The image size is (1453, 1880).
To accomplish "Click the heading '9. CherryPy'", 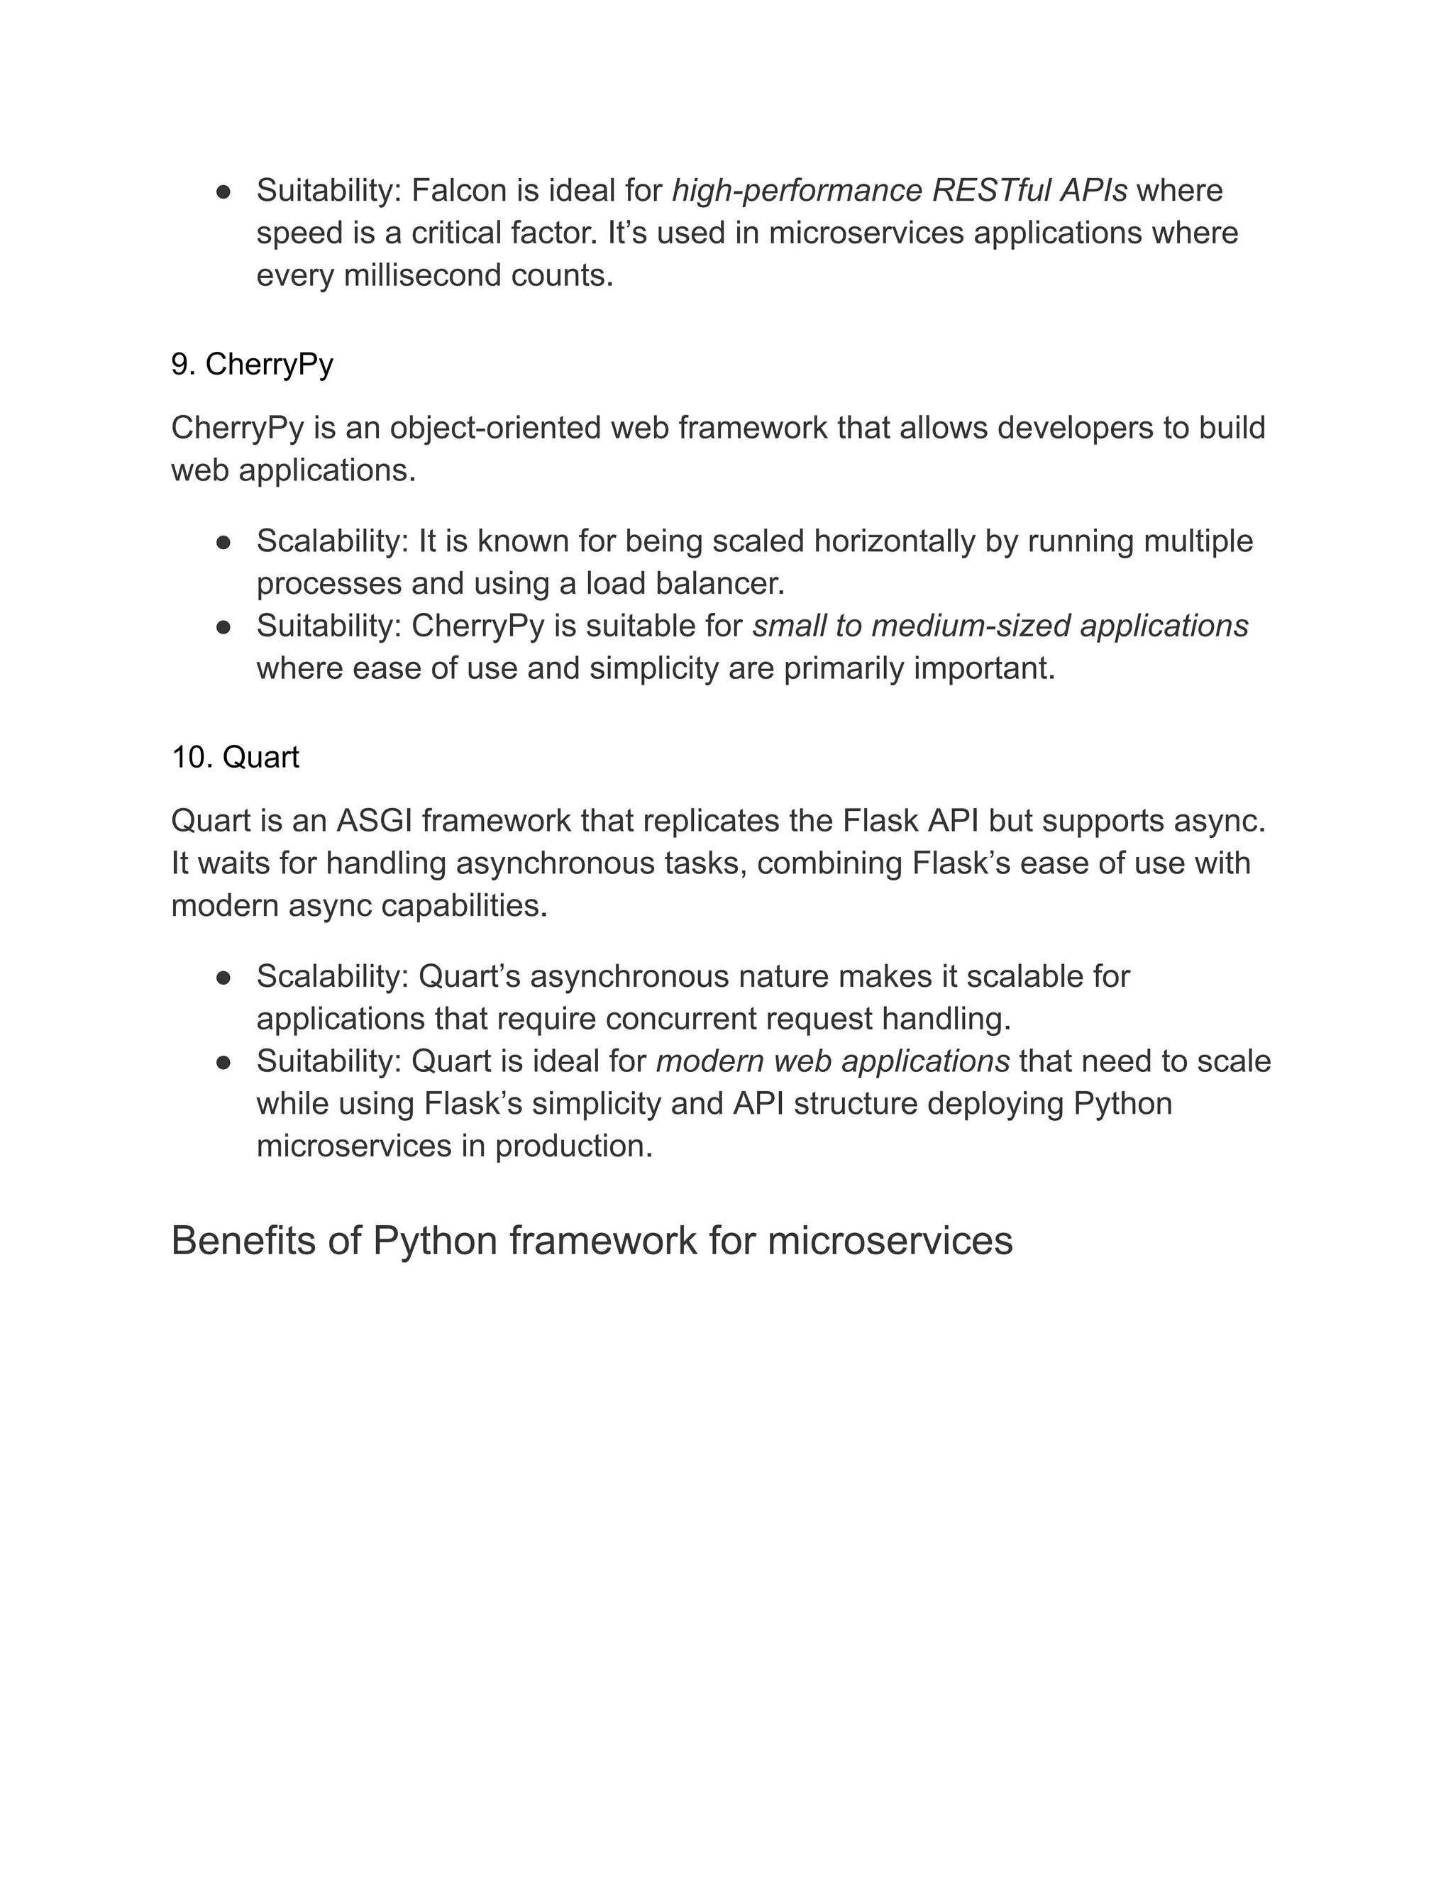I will click(251, 365).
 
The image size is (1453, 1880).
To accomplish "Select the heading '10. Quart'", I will click(235, 758).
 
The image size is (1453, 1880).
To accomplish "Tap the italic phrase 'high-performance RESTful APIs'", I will click(899, 191).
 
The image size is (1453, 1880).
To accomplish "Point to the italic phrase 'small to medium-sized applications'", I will click(1000, 626).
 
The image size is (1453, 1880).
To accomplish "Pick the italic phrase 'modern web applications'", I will click(832, 1061).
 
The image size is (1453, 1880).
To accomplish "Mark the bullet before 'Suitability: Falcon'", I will click(223, 192).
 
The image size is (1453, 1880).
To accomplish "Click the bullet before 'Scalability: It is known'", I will click(223, 542).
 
